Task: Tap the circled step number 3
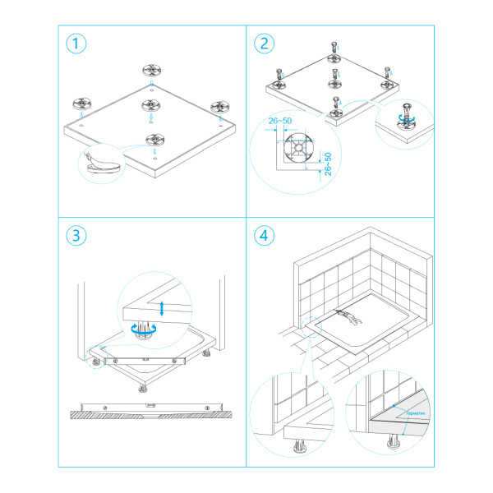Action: (x=76, y=236)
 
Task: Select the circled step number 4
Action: (x=265, y=236)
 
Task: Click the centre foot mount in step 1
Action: (x=151, y=104)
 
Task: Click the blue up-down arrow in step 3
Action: (x=162, y=308)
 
